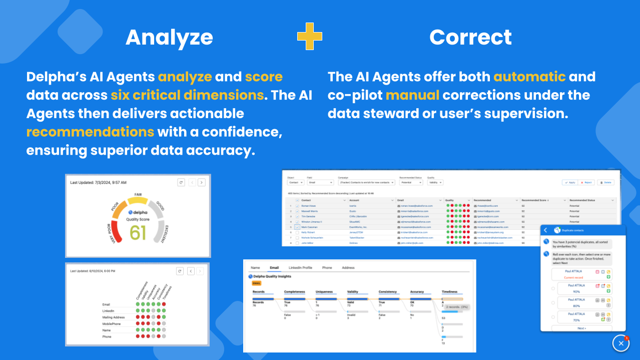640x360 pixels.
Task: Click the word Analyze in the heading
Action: click(169, 38)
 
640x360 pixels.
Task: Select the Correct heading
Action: click(470, 38)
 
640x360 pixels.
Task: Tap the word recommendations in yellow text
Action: click(90, 132)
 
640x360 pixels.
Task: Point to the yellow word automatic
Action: click(529, 77)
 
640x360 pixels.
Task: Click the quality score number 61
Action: click(138, 232)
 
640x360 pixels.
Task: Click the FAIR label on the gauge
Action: click(138, 194)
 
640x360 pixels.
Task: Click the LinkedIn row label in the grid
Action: click(109, 311)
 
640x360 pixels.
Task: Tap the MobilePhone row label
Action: click(112, 324)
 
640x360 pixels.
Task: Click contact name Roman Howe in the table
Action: click(308, 206)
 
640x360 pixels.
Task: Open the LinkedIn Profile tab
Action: click(300, 268)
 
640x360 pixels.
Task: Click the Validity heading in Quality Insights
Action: click(353, 291)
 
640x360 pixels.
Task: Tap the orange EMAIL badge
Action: click(257, 283)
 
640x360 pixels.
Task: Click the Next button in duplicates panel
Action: click(581, 328)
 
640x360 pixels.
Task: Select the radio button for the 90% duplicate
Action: click(553, 288)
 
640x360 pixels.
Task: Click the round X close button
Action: click(621, 343)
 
